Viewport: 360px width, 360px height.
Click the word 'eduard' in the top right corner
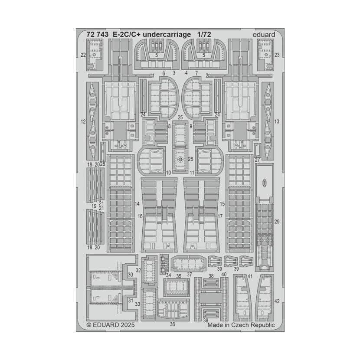pyautogui.click(x=264, y=35)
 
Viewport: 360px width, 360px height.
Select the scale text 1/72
pyautogui.click(x=204, y=34)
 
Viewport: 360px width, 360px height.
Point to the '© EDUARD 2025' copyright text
pyautogui.click(x=111, y=325)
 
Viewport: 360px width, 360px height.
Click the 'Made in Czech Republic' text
pyautogui.click(x=241, y=325)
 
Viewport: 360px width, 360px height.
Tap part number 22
pyautogui.click(x=83, y=55)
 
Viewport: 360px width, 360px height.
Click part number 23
pyautogui.click(x=277, y=55)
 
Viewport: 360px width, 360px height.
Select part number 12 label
pyautogui.click(x=83, y=121)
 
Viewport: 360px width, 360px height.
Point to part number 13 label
pyautogui.click(x=277, y=121)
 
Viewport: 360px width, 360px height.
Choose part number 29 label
pyautogui.click(x=277, y=222)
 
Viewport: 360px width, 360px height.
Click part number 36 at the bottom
pyautogui.click(x=173, y=324)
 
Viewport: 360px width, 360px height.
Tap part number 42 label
pyautogui.click(x=277, y=301)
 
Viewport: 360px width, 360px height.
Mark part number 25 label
pyautogui.click(x=180, y=118)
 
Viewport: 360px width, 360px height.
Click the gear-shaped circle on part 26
pyautogui.click(x=180, y=159)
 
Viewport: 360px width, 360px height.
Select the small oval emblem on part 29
pyautogui.click(x=265, y=183)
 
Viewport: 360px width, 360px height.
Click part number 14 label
pyautogui.click(x=137, y=204)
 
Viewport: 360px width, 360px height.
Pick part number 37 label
pyautogui.click(x=190, y=275)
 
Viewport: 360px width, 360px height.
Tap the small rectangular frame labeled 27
pyautogui.click(x=258, y=149)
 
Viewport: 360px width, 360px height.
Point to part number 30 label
pyautogui.click(x=131, y=275)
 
